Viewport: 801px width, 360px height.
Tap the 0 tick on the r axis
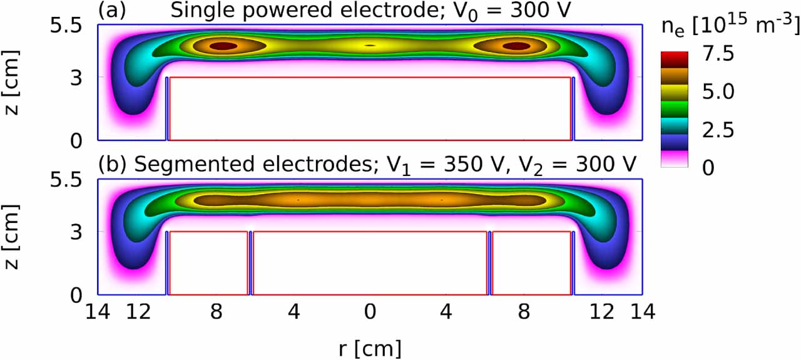(x=370, y=311)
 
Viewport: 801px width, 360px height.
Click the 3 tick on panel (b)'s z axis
(x=76, y=232)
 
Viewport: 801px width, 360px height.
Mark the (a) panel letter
(x=110, y=11)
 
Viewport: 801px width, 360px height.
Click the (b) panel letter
(x=111, y=165)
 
